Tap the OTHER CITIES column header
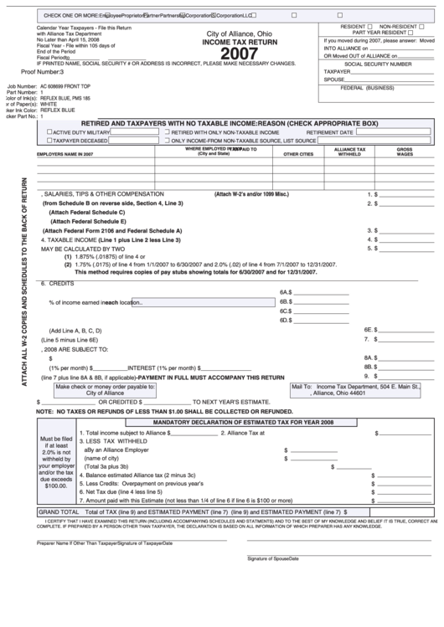(297, 155)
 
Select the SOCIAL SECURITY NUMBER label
(378, 64)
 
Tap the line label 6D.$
(285, 320)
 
